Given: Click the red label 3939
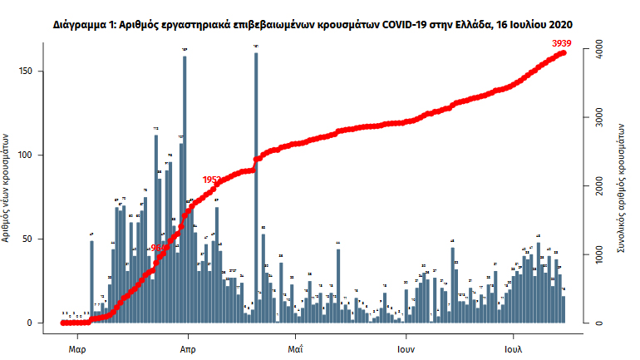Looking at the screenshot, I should tap(563, 42).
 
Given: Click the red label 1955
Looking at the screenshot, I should tap(212, 180).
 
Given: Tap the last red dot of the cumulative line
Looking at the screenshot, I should tap(564, 53).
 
